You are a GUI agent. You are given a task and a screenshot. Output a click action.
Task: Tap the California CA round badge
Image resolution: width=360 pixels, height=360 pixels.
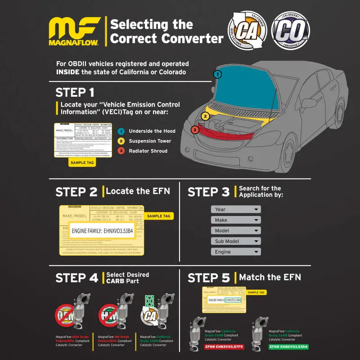click(247, 31)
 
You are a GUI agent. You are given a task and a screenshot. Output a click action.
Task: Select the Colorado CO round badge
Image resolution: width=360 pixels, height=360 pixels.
click(290, 31)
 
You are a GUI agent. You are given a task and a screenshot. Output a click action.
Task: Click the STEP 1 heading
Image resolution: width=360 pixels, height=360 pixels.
click(75, 93)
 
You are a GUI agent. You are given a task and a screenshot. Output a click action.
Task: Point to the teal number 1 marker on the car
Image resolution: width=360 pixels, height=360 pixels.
click(217, 74)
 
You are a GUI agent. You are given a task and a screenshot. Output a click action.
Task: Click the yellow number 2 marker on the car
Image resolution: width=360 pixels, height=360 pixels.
click(205, 116)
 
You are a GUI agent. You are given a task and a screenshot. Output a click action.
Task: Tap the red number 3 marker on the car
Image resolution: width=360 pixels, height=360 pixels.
click(194, 130)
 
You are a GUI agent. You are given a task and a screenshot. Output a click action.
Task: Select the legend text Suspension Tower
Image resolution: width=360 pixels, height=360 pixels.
click(150, 141)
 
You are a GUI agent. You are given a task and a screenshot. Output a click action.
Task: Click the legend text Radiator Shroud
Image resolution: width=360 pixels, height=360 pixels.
click(148, 151)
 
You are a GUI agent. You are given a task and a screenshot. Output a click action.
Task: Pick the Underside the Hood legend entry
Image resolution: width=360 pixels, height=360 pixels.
click(152, 131)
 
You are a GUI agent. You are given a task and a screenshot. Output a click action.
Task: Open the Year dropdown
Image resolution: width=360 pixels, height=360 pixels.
click(236, 209)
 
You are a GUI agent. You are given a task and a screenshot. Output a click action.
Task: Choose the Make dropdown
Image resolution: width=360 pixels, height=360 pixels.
click(236, 220)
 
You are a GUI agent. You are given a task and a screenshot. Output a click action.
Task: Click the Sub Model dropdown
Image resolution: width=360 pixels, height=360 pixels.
click(236, 241)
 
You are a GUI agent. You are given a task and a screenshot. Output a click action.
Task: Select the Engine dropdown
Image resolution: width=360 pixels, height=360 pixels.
click(236, 252)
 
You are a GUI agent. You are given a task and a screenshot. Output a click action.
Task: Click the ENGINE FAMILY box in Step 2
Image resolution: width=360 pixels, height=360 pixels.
click(102, 231)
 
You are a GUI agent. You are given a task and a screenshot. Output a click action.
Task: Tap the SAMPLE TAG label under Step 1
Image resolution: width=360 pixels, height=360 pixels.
click(81, 162)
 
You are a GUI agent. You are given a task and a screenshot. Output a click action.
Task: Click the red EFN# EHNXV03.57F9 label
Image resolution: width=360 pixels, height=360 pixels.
click(218, 347)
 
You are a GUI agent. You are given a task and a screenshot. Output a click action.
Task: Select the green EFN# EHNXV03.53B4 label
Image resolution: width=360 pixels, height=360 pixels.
click(288, 347)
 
